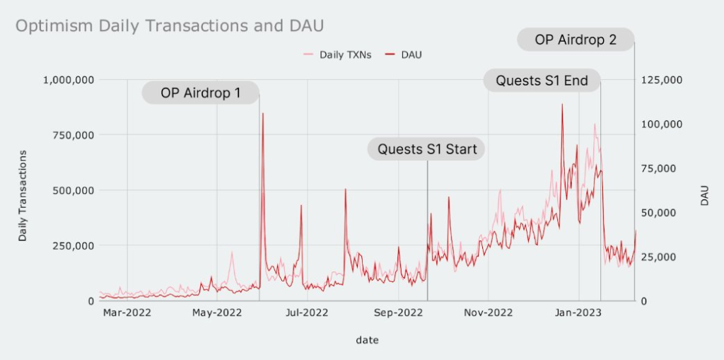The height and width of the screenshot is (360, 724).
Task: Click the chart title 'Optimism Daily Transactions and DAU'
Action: (x=170, y=26)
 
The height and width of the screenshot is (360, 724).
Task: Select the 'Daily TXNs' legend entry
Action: (x=337, y=55)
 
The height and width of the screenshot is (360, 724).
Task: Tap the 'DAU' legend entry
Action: (x=402, y=55)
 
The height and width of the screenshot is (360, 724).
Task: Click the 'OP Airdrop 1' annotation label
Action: (x=200, y=93)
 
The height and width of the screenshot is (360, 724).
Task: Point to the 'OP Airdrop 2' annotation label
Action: (x=576, y=40)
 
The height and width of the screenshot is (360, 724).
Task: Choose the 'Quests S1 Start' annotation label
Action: (x=426, y=149)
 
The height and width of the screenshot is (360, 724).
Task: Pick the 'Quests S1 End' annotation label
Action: (x=542, y=81)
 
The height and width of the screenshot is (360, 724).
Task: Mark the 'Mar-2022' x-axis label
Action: (x=127, y=313)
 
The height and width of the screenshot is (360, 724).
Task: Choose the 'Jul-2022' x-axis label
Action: (x=307, y=313)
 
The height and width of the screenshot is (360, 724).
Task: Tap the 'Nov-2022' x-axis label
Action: (x=488, y=313)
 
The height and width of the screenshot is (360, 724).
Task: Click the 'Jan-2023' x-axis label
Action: (x=579, y=313)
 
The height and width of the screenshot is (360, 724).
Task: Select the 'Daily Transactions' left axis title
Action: (x=22, y=195)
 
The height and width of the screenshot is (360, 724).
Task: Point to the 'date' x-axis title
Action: (x=367, y=341)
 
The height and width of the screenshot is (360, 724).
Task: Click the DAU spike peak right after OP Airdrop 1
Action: (x=263, y=113)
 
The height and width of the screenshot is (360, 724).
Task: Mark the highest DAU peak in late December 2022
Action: (x=562, y=105)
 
